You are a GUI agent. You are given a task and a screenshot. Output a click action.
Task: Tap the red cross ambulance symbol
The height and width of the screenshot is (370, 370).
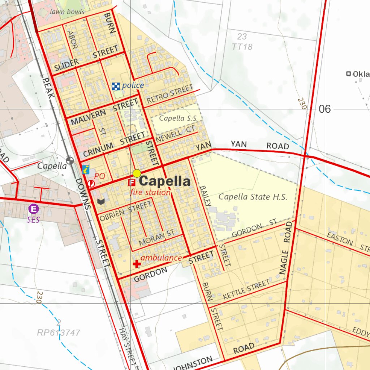click(x=137, y=264)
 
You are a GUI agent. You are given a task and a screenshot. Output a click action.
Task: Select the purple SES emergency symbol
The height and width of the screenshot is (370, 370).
click(x=34, y=209)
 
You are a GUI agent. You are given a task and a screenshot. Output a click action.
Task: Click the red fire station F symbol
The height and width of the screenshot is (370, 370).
click(x=132, y=182)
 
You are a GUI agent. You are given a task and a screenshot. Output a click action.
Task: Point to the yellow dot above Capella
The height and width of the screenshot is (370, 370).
click(x=137, y=173)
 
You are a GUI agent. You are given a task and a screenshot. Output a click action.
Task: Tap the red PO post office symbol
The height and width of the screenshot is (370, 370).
click(x=91, y=184)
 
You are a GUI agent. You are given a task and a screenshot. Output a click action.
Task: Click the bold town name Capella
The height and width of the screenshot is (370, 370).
click(x=164, y=181)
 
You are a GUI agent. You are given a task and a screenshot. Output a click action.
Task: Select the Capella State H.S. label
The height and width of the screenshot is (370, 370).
click(x=253, y=197)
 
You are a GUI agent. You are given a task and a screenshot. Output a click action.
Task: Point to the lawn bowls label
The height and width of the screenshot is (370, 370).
click(x=67, y=12)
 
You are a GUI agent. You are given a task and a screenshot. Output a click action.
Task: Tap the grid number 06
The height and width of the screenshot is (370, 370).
click(x=324, y=109)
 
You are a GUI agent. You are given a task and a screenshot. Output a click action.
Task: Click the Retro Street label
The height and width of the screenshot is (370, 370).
click(x=169, y=93)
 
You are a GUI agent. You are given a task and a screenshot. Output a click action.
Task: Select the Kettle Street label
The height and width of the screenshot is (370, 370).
click(x=246, y=289)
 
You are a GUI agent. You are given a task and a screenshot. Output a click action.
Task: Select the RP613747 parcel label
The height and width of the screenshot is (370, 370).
click(x=59, y=333)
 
